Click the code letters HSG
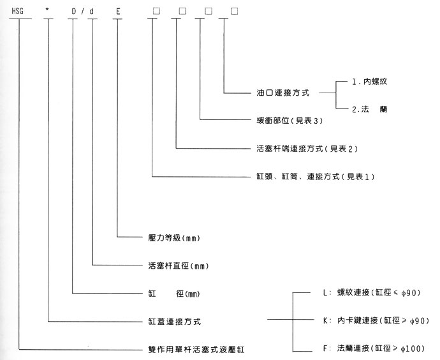(19, 11)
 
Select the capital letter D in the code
(73, 11)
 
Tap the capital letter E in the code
(118, 11)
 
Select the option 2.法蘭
(370, 110)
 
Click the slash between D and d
(82, 11)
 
